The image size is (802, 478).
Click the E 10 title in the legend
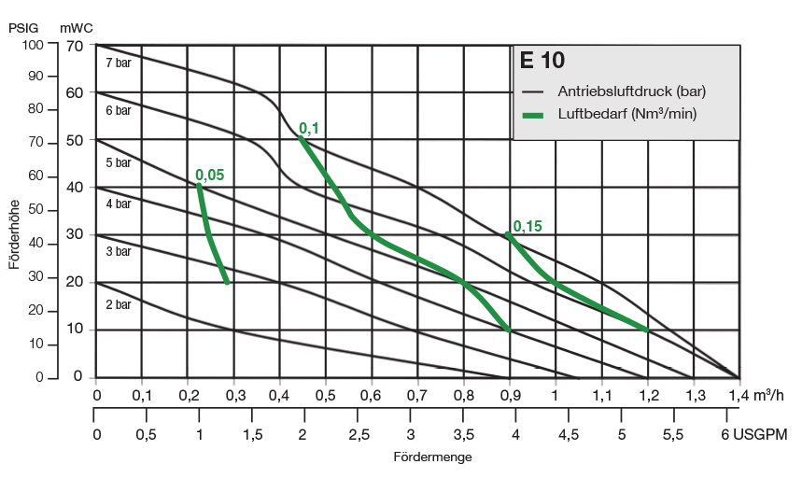point(542,63)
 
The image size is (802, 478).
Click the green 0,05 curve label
point(210,175)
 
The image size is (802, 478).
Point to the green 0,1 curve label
point(308,128)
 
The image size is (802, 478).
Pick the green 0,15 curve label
point(528,226)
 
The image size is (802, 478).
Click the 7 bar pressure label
point(118,63)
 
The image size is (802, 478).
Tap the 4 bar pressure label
point(118,204)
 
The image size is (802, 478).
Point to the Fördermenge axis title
point(432,457)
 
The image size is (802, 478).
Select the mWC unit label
point(77,27)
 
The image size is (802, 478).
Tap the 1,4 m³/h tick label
point(756,395)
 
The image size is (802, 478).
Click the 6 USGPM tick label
point(754,435)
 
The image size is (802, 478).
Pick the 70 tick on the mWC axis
point(75,45)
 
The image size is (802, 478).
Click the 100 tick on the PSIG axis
point(33,44)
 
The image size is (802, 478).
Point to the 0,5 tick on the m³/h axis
point(326,395)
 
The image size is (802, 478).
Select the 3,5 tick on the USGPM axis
point(461,435)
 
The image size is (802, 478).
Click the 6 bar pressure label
point(118,110)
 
